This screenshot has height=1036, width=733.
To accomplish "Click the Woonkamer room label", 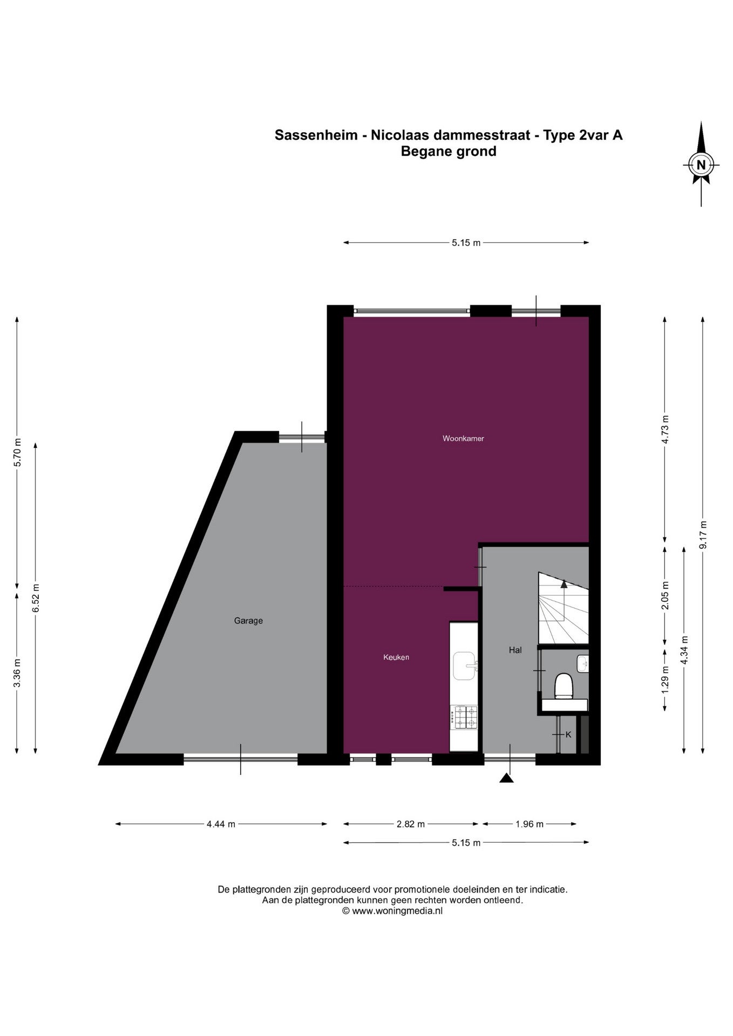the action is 463,439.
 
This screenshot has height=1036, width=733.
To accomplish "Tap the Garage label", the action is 248,621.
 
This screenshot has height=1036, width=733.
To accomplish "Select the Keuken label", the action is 396,657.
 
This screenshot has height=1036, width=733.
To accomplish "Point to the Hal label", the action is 515,650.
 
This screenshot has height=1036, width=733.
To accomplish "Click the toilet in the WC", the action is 564,686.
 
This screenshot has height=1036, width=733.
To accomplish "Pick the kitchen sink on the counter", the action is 465,666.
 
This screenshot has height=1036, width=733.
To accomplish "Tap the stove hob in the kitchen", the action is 465,717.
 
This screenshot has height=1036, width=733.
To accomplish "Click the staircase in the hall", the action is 563,608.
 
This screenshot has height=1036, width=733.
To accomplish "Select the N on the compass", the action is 701,165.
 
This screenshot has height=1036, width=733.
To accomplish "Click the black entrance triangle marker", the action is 506,778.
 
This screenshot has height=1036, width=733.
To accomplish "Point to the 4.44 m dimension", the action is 221,824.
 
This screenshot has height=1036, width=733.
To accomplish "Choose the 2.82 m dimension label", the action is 411,824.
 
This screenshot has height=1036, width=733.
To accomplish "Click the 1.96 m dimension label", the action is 530,824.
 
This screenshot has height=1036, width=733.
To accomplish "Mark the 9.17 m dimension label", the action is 702,535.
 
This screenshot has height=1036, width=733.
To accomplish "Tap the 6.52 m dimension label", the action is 36,598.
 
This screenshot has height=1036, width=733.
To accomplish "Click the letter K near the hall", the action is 568,734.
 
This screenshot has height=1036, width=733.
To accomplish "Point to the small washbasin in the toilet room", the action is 582,663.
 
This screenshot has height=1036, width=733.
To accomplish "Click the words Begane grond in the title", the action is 449,151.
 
